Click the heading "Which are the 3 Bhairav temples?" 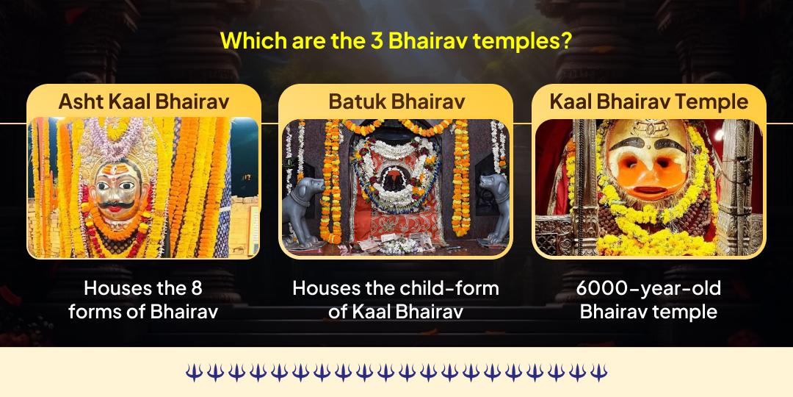(396, 40)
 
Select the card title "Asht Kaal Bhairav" (144, 101)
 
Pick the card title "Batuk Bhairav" (396, 101)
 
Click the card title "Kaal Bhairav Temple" (649, 101)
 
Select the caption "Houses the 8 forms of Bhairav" (143, 299)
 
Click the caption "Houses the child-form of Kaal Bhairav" (396, 299)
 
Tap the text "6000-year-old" (648, 288)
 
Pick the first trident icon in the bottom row (193, 373)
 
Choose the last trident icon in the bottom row (599, 373)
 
